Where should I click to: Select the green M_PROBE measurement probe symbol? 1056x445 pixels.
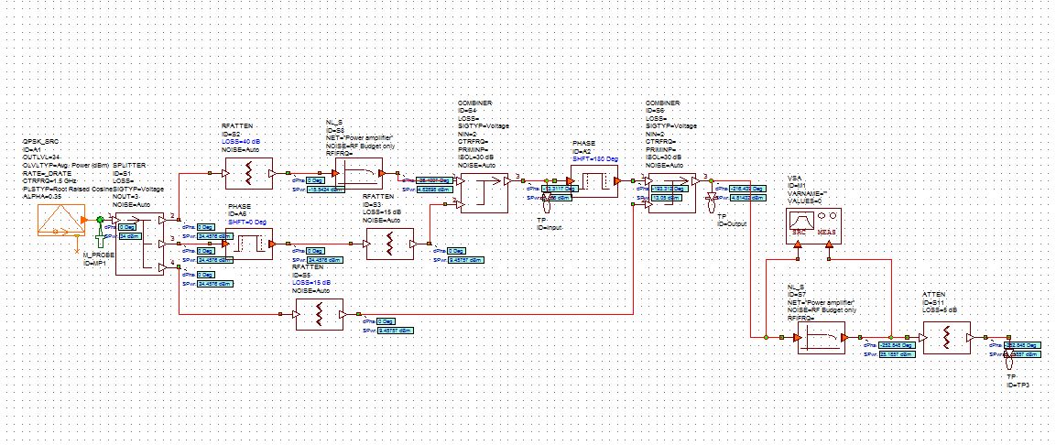click(99, 239)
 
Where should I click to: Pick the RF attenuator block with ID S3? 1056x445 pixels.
click(388, 244)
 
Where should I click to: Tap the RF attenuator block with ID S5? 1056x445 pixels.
click(317, 316)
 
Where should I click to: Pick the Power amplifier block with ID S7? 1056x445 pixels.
click(821, 338)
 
